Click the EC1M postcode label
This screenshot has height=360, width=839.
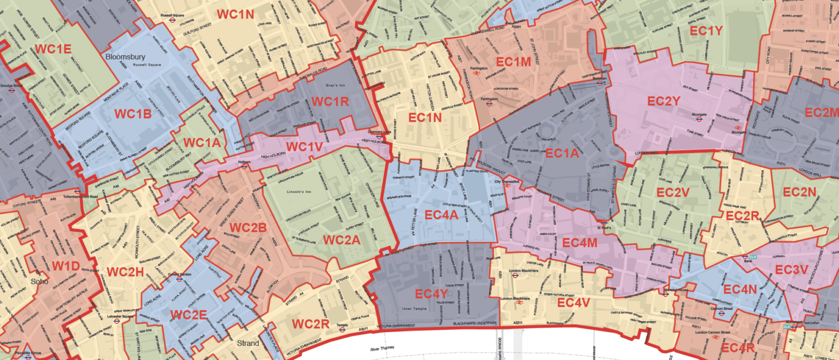(x=513, y=62)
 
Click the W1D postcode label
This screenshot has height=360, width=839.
(x=65, y=266)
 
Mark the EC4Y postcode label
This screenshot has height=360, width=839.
(x=431, y=294)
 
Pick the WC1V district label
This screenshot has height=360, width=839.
(x=304, y=147)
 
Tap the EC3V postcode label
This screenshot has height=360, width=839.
(x=791, y=270)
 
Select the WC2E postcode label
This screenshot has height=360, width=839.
(x=188, y=315)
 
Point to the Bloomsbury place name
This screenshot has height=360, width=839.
(x=123, y=56)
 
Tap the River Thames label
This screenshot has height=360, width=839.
(x=382, y=349)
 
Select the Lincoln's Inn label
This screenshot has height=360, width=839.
(x=301, y=192)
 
